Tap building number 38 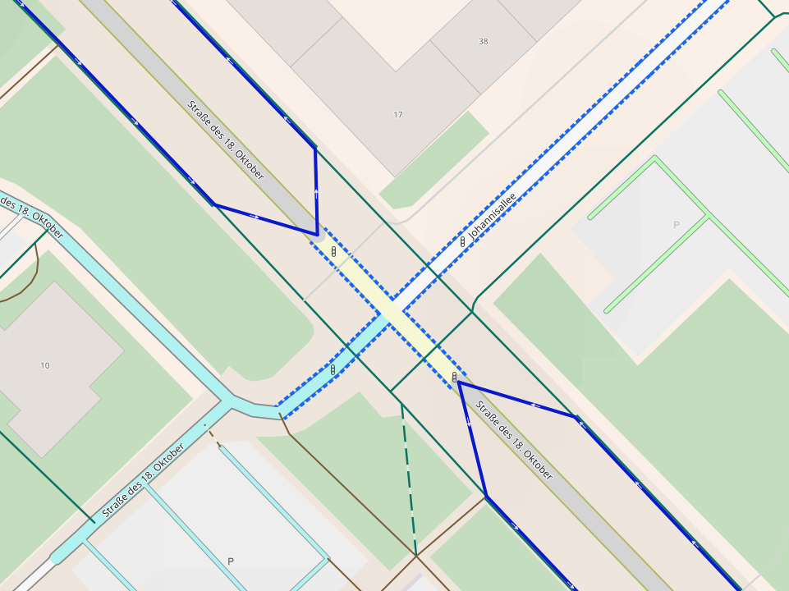[483, 42]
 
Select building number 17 [398, 115]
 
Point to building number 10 [44, 365]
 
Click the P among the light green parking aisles [677, 225]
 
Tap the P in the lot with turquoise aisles [231, 561]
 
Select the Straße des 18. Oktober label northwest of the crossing [226, 140]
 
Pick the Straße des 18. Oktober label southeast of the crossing [514, 440]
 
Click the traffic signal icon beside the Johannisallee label [463, 241]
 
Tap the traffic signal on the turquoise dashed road [333, 369]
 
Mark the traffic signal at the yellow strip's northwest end [333, 251]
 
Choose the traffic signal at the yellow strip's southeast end [454, 377]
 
